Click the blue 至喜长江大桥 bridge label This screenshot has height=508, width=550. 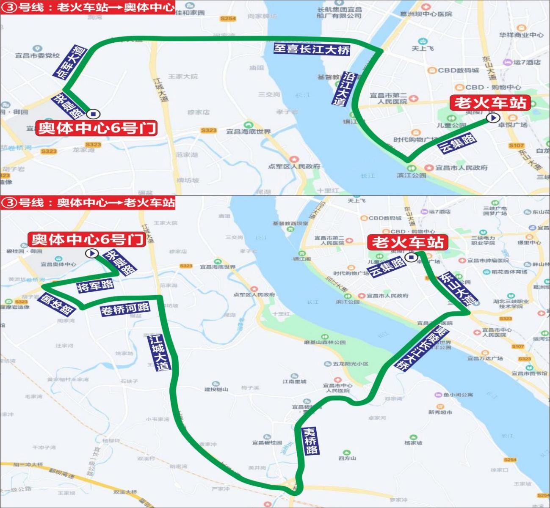[x=312, y=49]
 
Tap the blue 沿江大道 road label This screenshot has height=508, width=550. [x=344, y=89]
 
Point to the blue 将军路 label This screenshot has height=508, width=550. [x=95, y=286]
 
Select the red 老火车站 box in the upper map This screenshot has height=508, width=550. [x=490, y=103]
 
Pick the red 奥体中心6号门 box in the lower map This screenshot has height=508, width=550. [x=87, y=239]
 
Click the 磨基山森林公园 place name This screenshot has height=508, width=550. [x=325, y=342]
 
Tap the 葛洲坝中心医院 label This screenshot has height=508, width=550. [x=426, y=14]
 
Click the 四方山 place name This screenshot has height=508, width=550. [x=347, y=458]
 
